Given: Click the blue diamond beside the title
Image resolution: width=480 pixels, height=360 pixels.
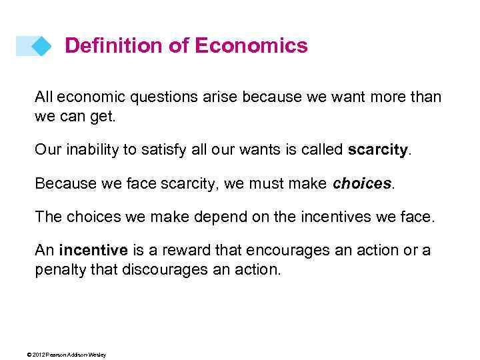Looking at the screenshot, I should [41, 46].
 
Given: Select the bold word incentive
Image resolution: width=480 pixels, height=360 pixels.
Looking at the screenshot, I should [93, 250].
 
